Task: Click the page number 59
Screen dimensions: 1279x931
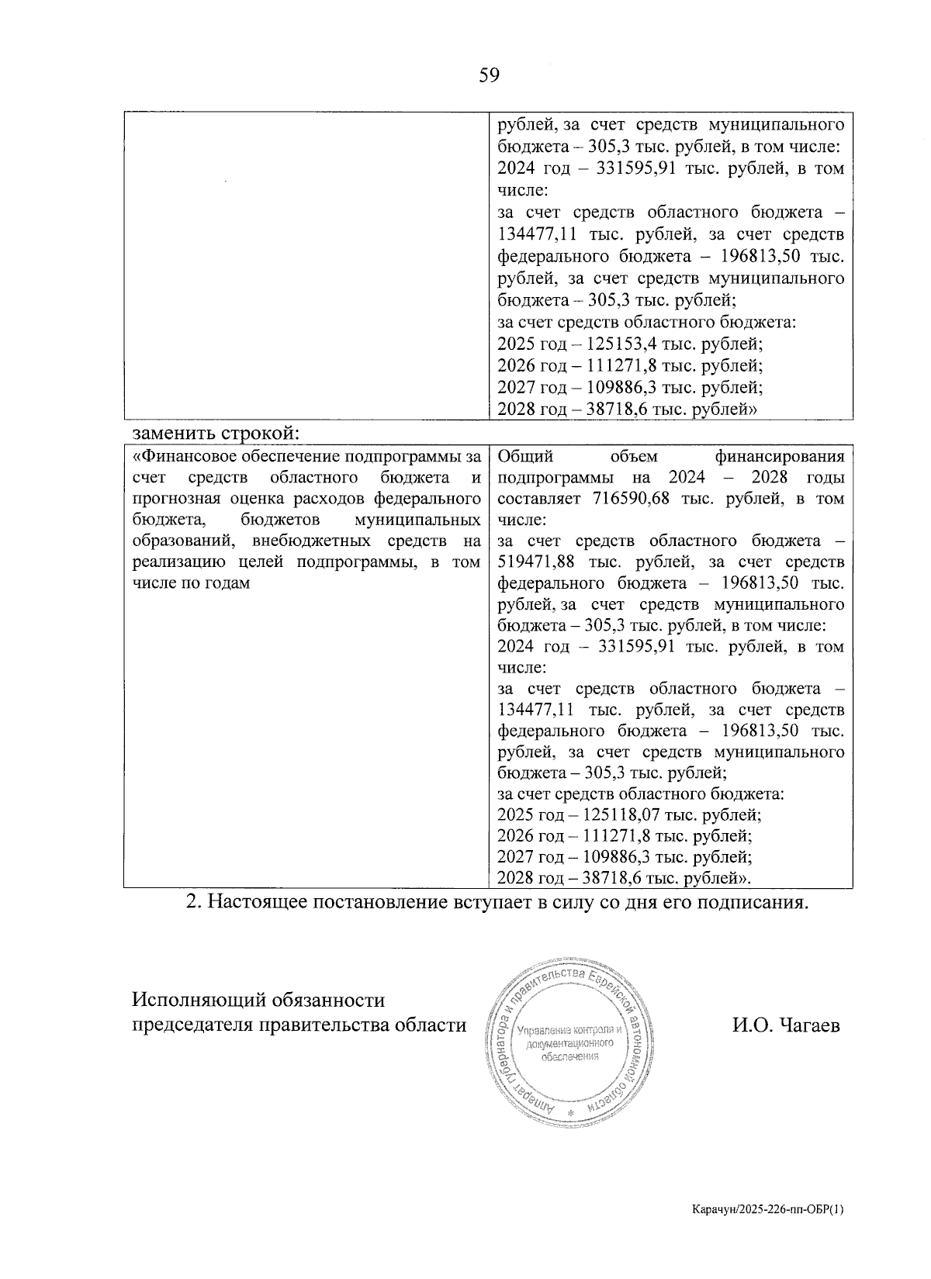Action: click(x=490, y=75)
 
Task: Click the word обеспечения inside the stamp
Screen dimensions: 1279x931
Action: click(x=569, y=1056)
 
